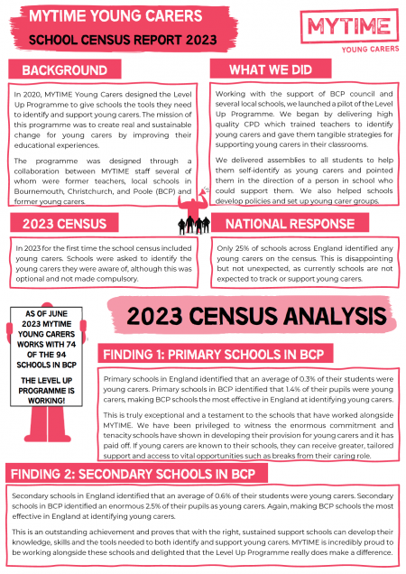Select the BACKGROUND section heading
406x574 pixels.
click(x=64, y=70)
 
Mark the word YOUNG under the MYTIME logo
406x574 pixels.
click(x=341, y=51)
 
